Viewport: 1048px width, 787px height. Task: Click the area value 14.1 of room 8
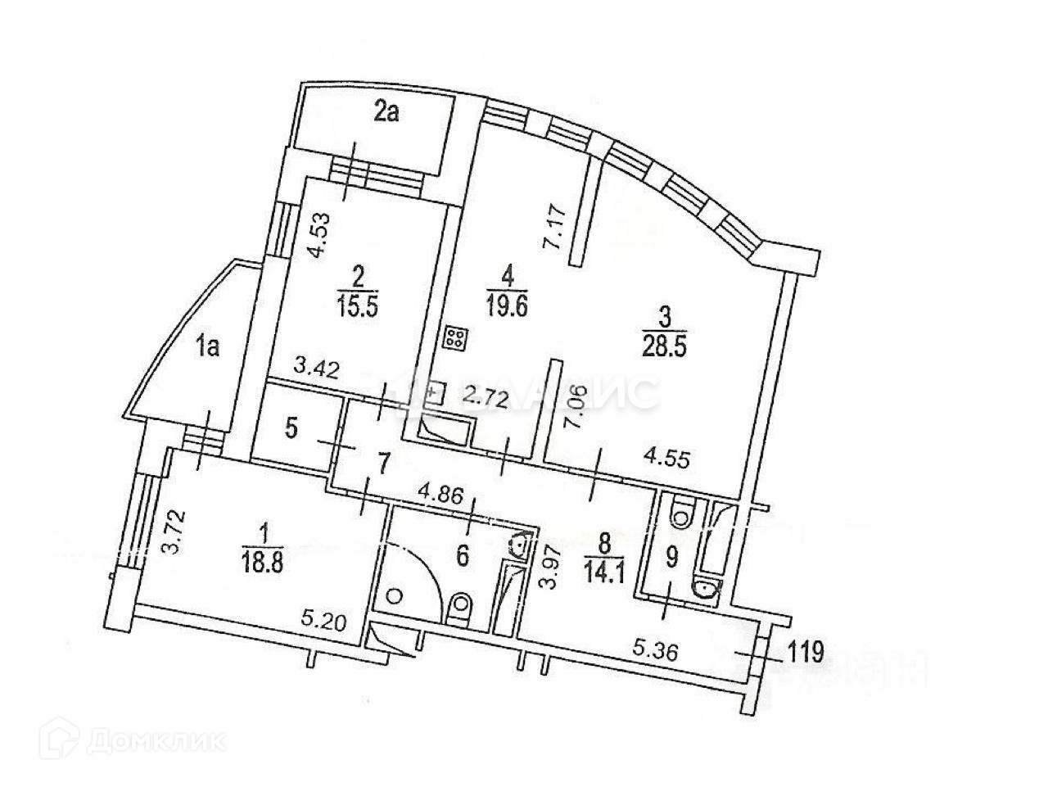click(x=606, y=568)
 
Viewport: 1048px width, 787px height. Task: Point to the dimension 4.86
click(x=440, y=495)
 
